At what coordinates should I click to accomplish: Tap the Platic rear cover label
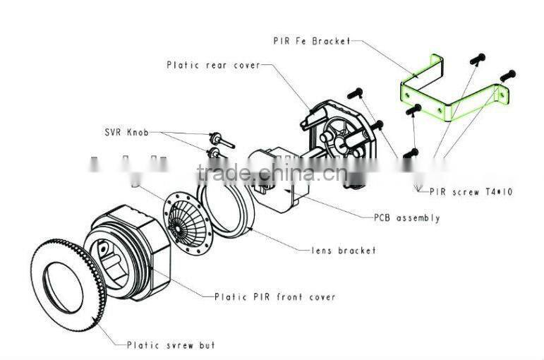point(213,65)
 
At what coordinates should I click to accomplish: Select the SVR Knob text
point(127,133)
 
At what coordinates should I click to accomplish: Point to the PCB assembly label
point(406,218)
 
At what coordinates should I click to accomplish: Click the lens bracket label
point(344,250)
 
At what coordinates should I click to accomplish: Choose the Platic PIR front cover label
point(274,296)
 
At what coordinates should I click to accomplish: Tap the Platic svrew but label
point(171,345)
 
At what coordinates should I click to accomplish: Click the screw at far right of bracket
point(507,74)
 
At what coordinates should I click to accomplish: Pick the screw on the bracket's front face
point(413,109)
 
